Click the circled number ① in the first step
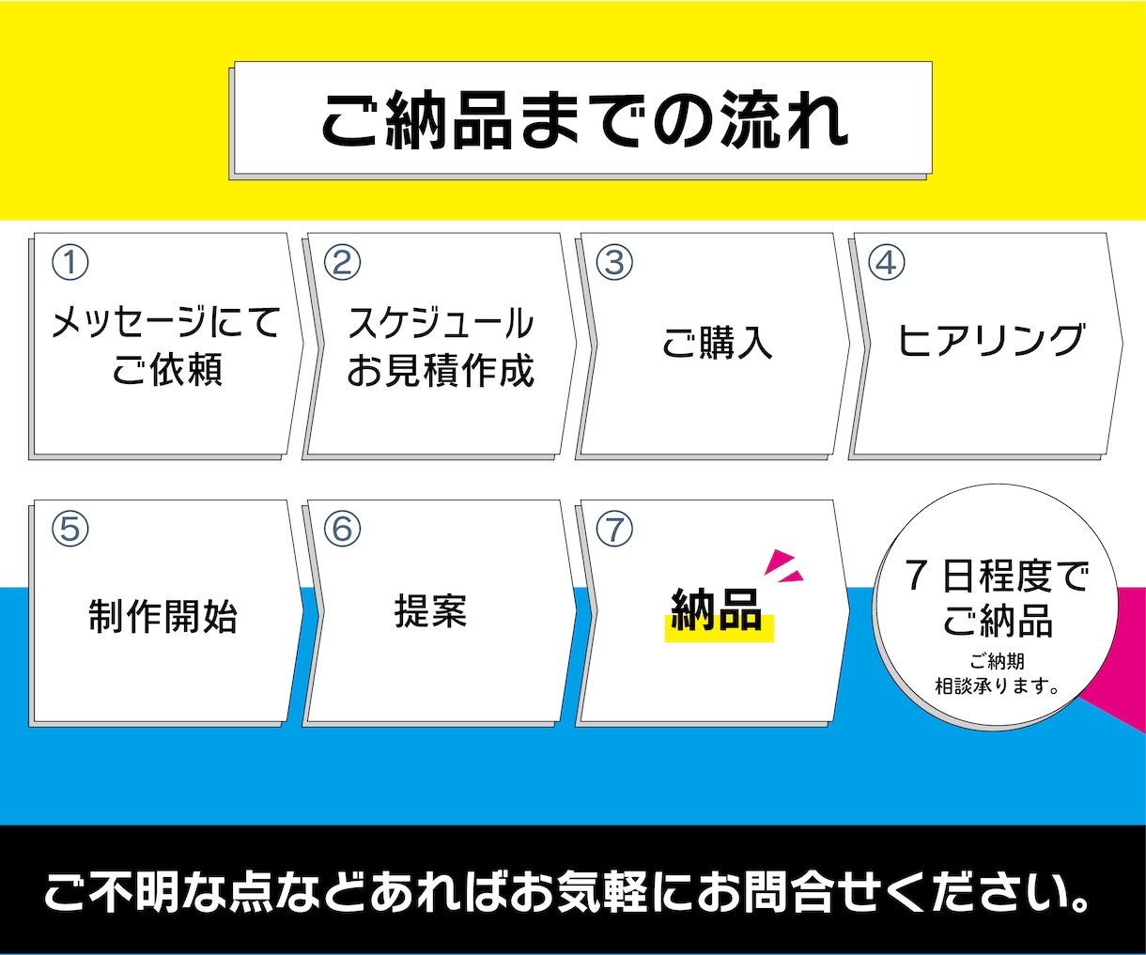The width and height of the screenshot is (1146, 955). pos(70,262)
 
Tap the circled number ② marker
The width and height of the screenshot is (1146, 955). pos(342,262)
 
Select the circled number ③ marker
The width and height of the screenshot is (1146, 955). pos(614,262)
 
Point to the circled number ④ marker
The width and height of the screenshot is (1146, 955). pos(887,262)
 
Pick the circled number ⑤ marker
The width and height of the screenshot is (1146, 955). pos(70,529)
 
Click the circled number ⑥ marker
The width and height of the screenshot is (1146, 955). pos(342,529)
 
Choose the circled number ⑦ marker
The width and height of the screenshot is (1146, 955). pos(614,529)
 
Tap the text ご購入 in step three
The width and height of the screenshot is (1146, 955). pos(717,344)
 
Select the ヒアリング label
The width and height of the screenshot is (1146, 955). pos(991,340)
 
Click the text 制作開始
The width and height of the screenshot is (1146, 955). pos(163,617)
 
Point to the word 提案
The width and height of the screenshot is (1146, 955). pos(431,611)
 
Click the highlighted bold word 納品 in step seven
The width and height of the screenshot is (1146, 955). pos(717,609)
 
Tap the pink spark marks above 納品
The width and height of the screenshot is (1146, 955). pos(783,566)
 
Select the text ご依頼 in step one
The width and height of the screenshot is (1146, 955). pos(167,369)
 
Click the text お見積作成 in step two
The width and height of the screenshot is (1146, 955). pos(441,370)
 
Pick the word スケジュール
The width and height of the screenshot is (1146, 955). pos(441,323)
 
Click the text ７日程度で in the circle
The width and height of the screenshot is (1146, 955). pos(996,577)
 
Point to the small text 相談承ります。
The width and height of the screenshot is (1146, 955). pos(997,686)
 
